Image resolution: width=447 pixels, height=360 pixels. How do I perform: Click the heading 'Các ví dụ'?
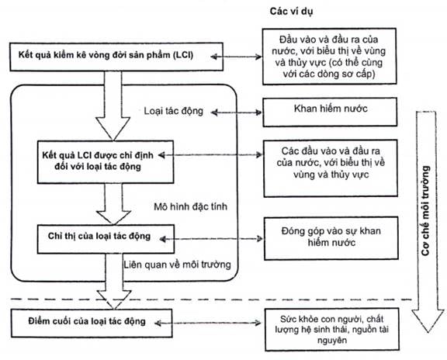pos(291,12)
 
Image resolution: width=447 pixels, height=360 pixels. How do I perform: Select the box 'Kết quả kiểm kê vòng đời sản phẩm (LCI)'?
pos(116,57)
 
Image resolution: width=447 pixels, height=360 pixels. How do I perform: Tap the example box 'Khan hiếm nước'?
pos(330,112)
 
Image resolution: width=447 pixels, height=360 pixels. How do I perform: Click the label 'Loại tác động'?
pos(173,111)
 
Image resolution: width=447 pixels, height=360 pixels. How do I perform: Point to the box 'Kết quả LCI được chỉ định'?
pos(106,161)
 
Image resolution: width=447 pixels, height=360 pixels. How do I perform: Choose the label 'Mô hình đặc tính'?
pos(190,206)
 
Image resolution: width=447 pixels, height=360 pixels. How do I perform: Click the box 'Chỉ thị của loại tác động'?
pos(106,239)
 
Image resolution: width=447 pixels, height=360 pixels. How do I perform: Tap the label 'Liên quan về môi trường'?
pos(177,265)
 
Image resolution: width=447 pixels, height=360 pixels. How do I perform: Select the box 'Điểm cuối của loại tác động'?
pos(92,324)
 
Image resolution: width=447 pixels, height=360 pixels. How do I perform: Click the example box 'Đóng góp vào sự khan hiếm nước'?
pos(331,238)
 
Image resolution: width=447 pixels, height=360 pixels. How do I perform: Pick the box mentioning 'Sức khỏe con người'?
pos(332,329)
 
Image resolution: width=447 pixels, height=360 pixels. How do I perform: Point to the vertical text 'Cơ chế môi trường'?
pos(425,210)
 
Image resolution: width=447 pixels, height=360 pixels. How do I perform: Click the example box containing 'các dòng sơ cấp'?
pos(329,56)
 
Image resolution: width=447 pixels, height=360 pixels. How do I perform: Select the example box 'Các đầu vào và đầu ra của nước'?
pos(331,168)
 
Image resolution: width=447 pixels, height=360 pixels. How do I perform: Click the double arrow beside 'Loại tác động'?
pos(237,112)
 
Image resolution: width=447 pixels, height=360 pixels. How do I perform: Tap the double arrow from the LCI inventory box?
pos(237,57)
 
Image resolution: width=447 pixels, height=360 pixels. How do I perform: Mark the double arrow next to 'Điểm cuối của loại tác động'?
pos(207,323)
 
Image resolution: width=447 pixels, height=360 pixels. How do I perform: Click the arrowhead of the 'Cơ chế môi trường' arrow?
pos(428,321)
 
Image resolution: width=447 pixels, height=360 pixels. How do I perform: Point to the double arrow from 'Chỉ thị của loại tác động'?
pos(211,239)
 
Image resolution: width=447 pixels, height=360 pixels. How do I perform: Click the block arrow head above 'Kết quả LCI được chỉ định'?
pos(113,129)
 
